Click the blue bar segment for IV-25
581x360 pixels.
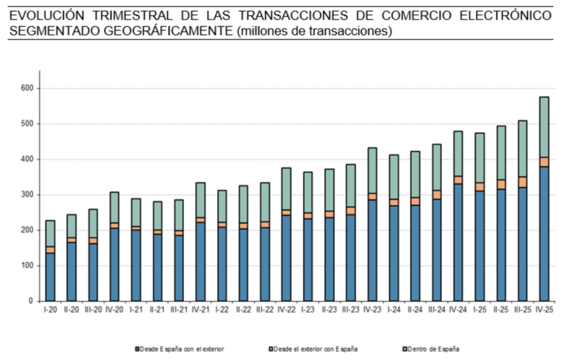544,234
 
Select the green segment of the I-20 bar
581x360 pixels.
50,233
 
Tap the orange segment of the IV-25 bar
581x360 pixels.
544,162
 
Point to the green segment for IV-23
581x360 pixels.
372,170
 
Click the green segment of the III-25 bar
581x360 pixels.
523,149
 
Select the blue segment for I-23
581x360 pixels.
308,260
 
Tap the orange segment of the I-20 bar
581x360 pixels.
50,250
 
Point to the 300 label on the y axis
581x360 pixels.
27,195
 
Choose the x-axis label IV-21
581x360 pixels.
200,309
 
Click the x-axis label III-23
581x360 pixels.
351,309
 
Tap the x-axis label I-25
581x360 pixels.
479,309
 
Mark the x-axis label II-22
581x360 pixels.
243,309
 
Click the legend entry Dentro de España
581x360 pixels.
431,349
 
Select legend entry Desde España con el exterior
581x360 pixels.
179,349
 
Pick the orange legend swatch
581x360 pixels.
271,349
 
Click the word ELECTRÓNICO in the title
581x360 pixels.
506,15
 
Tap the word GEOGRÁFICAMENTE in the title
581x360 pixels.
168,31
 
